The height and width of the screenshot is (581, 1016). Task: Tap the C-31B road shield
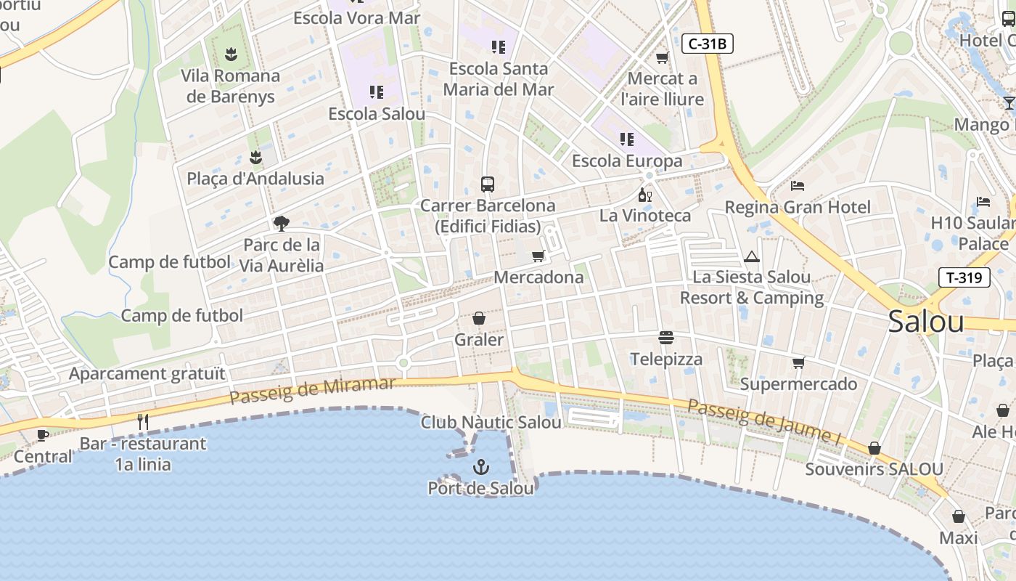(708, 44)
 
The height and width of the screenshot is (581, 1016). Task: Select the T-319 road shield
(964, 277)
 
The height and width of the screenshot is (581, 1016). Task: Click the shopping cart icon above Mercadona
(538, 256)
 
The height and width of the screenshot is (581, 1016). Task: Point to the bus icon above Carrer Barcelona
(487, 184)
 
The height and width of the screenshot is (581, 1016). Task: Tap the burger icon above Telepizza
(666, 338)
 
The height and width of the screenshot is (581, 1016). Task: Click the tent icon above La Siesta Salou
(751, 256)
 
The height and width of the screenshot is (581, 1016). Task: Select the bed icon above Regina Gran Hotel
(797, 186)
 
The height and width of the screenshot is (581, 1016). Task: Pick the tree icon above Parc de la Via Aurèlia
(282, 223)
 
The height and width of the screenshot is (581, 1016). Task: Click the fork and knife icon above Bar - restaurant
(143, 422)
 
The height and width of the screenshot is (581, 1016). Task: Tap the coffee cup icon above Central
(43, 435)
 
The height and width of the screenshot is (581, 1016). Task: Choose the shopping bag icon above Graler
(479, 318)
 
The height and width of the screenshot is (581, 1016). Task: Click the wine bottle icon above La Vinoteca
(644, 195)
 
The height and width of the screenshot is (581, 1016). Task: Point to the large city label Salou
(926, 321)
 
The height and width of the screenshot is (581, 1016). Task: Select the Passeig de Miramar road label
(313, 391)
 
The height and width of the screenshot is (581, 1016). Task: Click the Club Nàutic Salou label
(491, 422)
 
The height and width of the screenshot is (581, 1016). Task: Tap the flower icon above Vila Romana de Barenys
(231, 53)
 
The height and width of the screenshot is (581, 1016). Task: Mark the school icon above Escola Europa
(627, 139)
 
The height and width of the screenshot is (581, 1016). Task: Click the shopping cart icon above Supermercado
(798, 362)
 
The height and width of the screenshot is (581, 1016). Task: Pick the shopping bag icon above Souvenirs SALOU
(874, 448)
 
